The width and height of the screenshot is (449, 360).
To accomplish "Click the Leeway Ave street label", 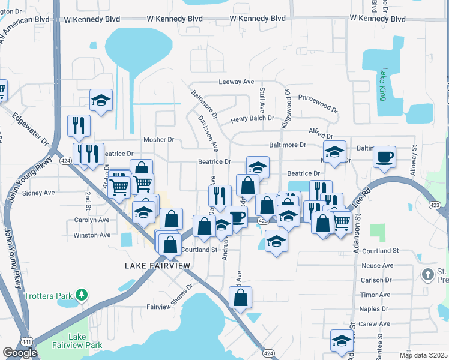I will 237,82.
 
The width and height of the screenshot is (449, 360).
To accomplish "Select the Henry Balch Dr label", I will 254,119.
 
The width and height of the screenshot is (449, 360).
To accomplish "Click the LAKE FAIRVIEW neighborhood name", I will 157,265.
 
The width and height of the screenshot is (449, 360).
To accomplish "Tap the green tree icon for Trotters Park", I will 81,295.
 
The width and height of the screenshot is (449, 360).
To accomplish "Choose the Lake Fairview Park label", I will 85,341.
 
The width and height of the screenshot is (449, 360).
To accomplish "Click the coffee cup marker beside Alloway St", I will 384,158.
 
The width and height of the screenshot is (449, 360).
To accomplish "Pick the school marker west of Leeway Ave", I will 101,101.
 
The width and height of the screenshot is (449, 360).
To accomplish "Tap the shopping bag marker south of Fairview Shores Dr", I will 240,298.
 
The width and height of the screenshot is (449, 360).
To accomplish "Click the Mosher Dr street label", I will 158,140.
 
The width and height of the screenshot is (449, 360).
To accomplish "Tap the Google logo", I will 20,353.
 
